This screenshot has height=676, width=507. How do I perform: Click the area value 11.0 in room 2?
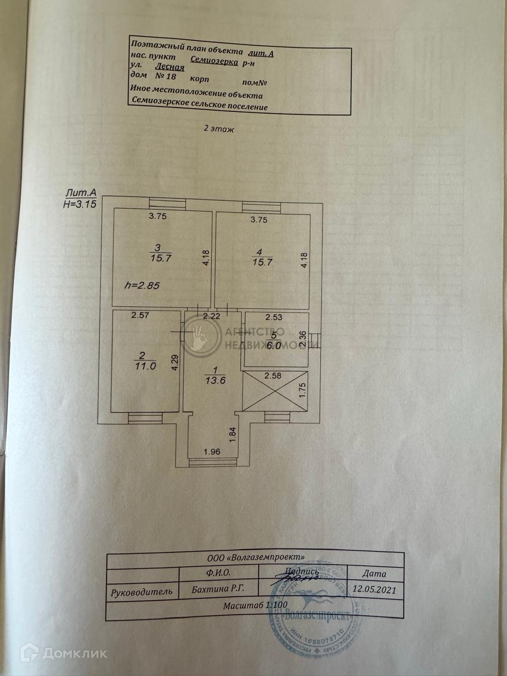pos(146,365)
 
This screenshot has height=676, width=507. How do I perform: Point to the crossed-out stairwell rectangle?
pos(275,390)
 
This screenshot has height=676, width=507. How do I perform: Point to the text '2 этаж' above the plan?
pos(218,128)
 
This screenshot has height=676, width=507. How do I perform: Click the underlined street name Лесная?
pos(170,67)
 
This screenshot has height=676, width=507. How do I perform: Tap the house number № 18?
pos(166,76)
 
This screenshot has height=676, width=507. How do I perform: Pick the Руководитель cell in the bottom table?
pos(142,591)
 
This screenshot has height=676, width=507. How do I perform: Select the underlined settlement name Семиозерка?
pos(214,61)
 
